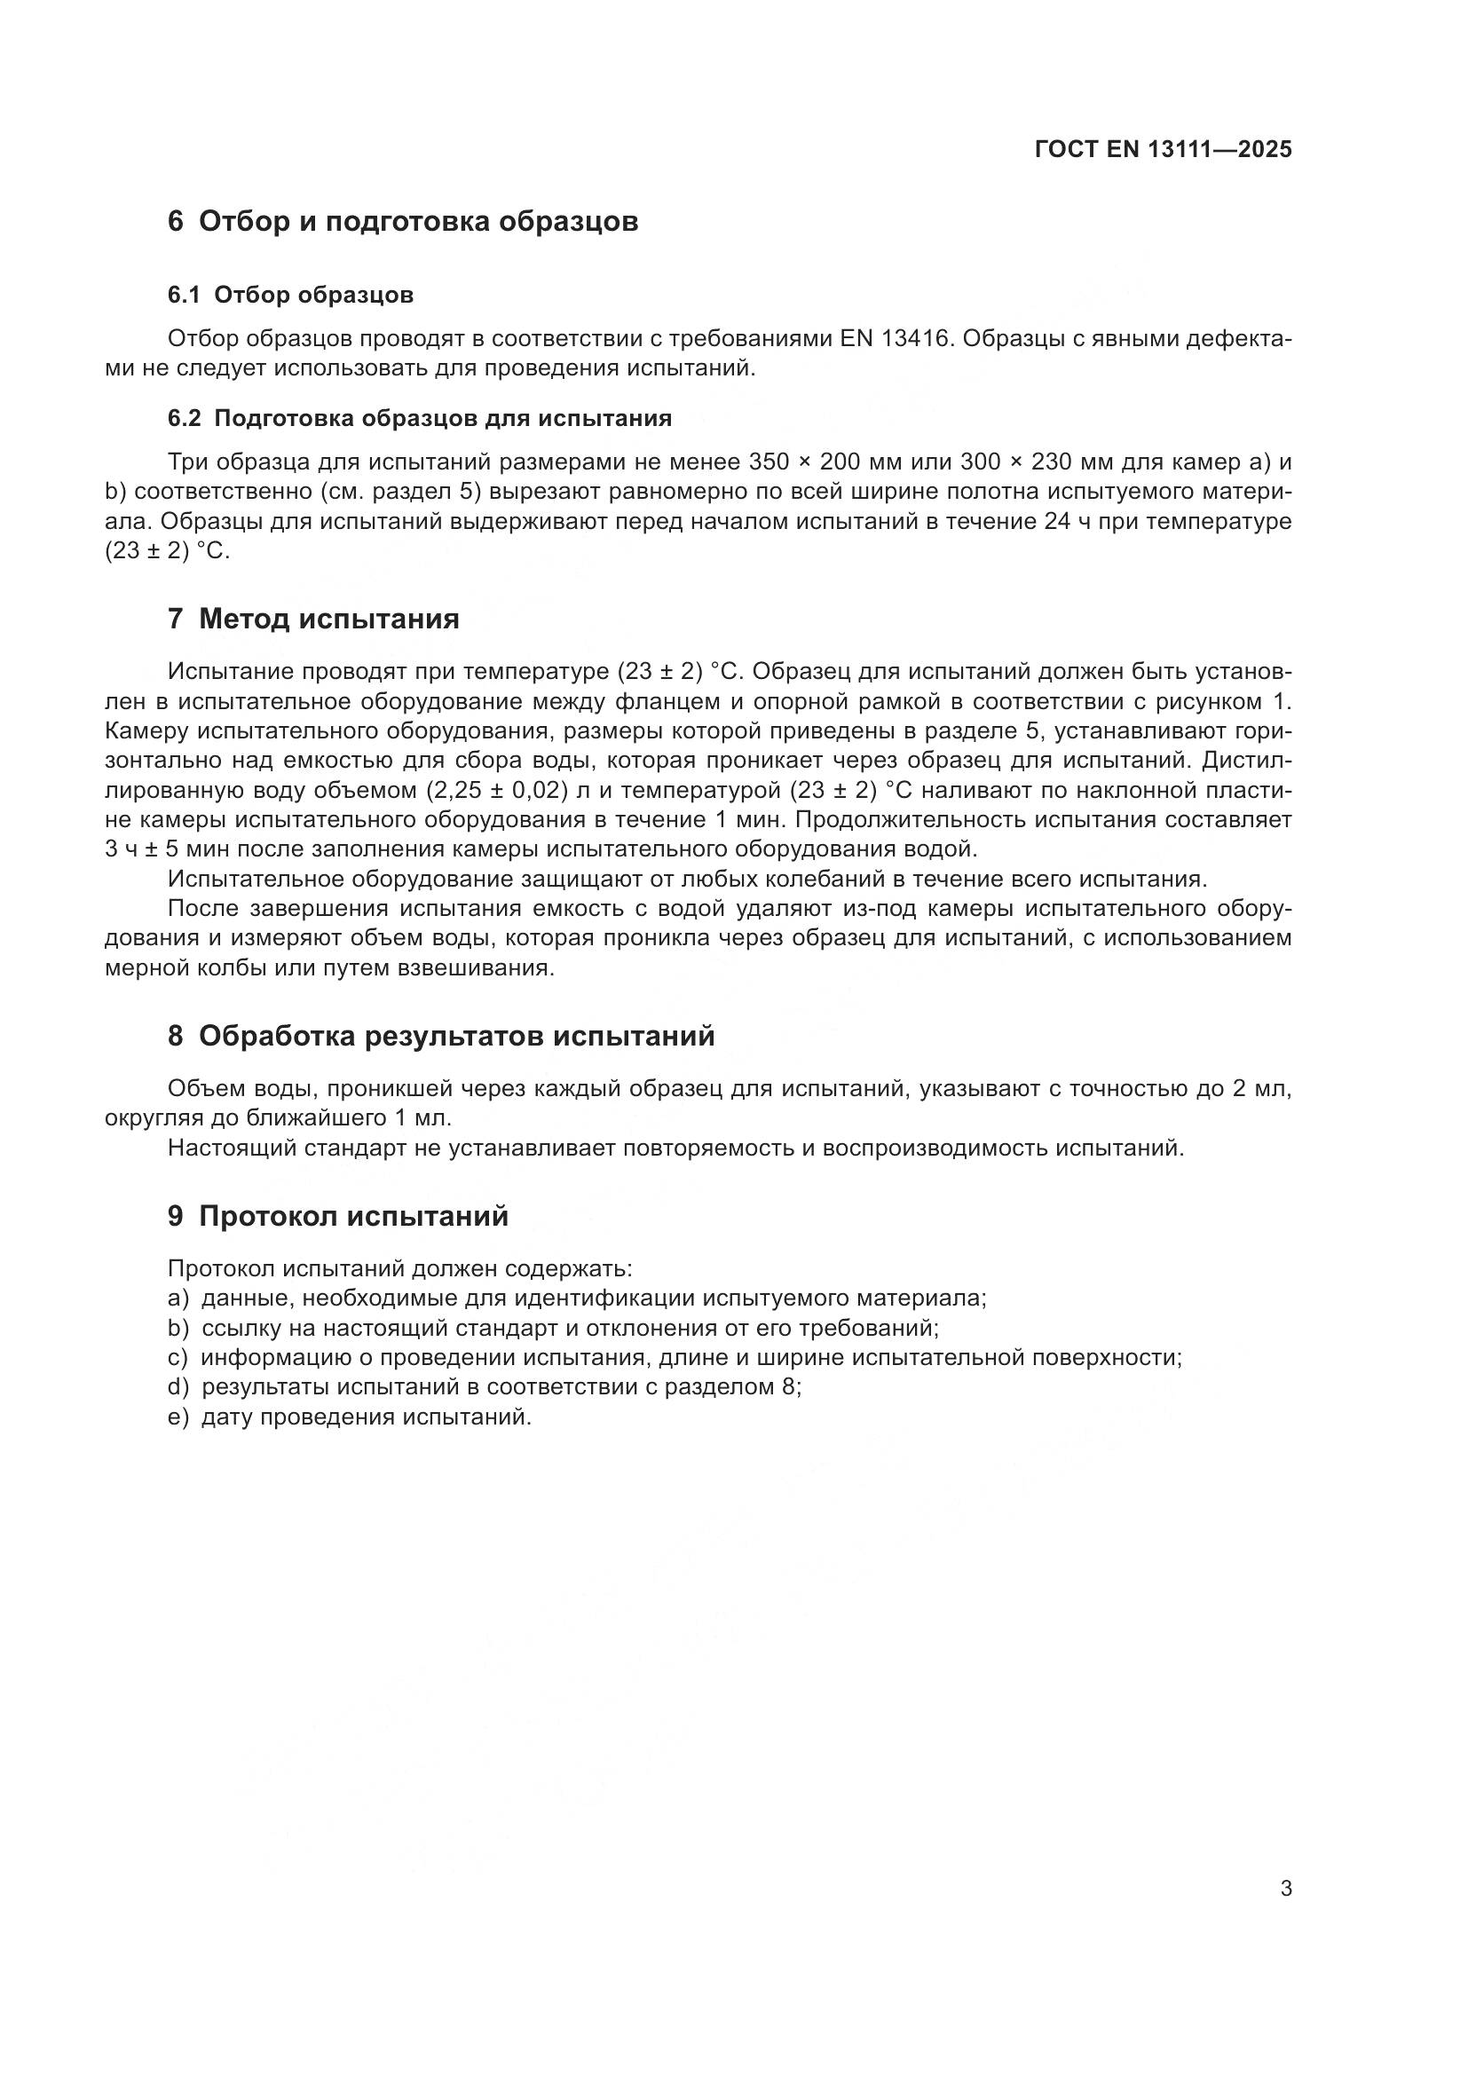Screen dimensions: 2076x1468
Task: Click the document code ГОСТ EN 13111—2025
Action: coord(1163,150)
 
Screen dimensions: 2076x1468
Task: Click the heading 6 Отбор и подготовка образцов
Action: coord(402,222)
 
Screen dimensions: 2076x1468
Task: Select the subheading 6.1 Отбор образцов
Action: coord(290,295)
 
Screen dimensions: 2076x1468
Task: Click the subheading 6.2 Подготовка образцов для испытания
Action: coord(420,418)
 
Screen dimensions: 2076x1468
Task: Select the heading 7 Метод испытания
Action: coord(312,619)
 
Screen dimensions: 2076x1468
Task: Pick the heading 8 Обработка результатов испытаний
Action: coord(440,1035)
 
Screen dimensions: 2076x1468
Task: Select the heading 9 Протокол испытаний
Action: coord(337,1216)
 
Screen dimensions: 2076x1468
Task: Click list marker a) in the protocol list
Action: coord(178,1298)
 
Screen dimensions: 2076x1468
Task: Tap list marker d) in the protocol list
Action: coord(178,1387)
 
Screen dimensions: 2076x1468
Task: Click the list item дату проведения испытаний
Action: coord(366,1417)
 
